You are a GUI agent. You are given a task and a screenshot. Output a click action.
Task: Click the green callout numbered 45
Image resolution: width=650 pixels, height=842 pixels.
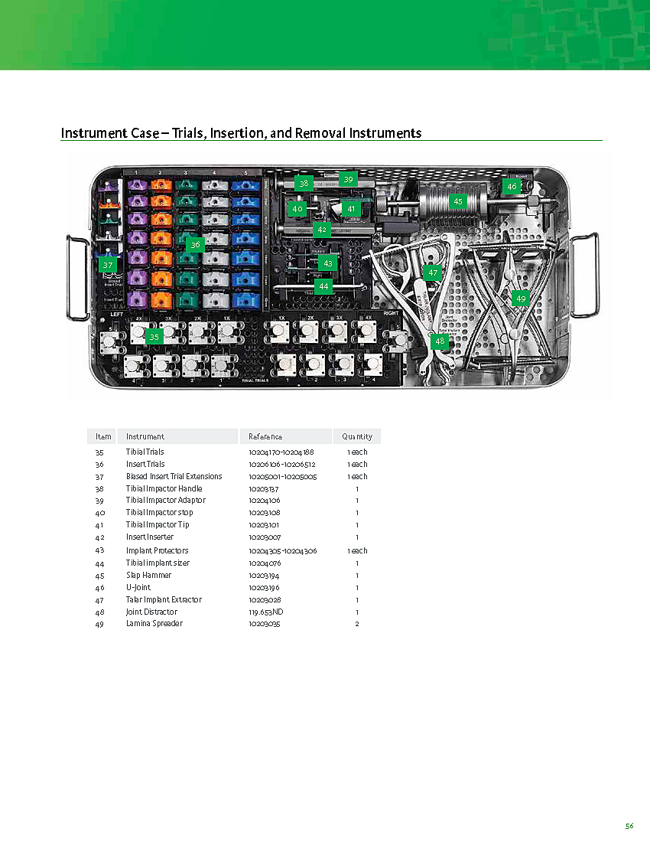pyautogui.click(x=457, y=202)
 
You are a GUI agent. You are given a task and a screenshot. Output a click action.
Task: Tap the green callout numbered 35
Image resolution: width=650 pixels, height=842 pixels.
pyautogui.click(x=154, y=337)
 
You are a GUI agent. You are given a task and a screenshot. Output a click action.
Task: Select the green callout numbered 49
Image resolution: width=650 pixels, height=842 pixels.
pyautogui.click(x=521, y=299)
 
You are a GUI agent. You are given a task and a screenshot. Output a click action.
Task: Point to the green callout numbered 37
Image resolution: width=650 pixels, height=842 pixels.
pyautogui.click(x=108, y=265)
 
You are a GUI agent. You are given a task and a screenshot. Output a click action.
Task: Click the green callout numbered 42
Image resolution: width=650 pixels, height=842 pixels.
pyautogui.click(x=322, y=229)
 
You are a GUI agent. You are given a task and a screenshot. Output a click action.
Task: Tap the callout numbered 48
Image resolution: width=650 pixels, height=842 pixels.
pyautogui.click(x=439, y=341)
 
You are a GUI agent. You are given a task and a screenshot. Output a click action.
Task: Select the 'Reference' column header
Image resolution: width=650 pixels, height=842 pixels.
pyautogui.click(x=265, y=436)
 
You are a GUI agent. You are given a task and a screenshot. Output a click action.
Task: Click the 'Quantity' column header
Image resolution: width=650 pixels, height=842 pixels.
pyautogui.click(x=357, y=436)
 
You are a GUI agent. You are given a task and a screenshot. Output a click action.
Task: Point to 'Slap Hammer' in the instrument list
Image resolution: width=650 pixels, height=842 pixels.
pyautogui.click(x=148, y=575)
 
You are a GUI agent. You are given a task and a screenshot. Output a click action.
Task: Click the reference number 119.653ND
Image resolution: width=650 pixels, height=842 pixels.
pyautogui.click(x=265, y=612)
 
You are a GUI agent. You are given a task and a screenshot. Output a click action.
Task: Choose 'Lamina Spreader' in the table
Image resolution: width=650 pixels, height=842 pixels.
pyautogui.click(x=154, y=624)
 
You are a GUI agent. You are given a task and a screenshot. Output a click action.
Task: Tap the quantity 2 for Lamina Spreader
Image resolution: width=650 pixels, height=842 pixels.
pyautogui.click(x=357, y=624)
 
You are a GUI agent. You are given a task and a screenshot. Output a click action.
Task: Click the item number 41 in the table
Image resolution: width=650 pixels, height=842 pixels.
pyautogui.click(x=99, y=524)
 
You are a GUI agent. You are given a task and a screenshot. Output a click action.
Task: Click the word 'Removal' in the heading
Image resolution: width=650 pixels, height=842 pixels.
pyautogui.click(x=313, y=133)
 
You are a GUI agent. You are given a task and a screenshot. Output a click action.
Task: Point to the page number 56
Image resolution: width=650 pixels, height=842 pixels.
pyautogui.click(x=629, y=826)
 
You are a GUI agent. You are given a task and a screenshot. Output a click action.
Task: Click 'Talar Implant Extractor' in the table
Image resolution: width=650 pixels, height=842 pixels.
pyautogui.click(x=164, y=599)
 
